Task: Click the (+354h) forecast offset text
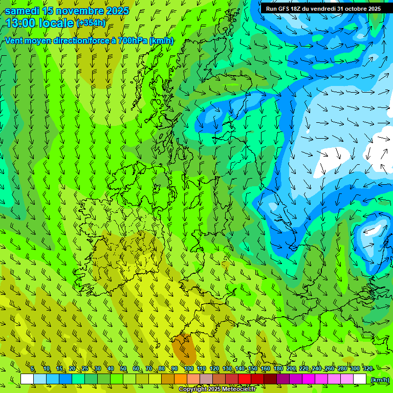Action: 91,23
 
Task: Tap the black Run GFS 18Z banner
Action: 321,8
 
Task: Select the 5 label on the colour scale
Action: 33,369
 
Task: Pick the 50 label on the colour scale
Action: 123,369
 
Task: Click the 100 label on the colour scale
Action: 188,369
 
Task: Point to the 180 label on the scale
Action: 278,369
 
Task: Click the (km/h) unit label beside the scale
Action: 380,379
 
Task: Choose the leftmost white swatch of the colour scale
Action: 27,379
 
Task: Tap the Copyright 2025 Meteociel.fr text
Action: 217,389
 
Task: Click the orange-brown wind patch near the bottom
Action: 184,348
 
